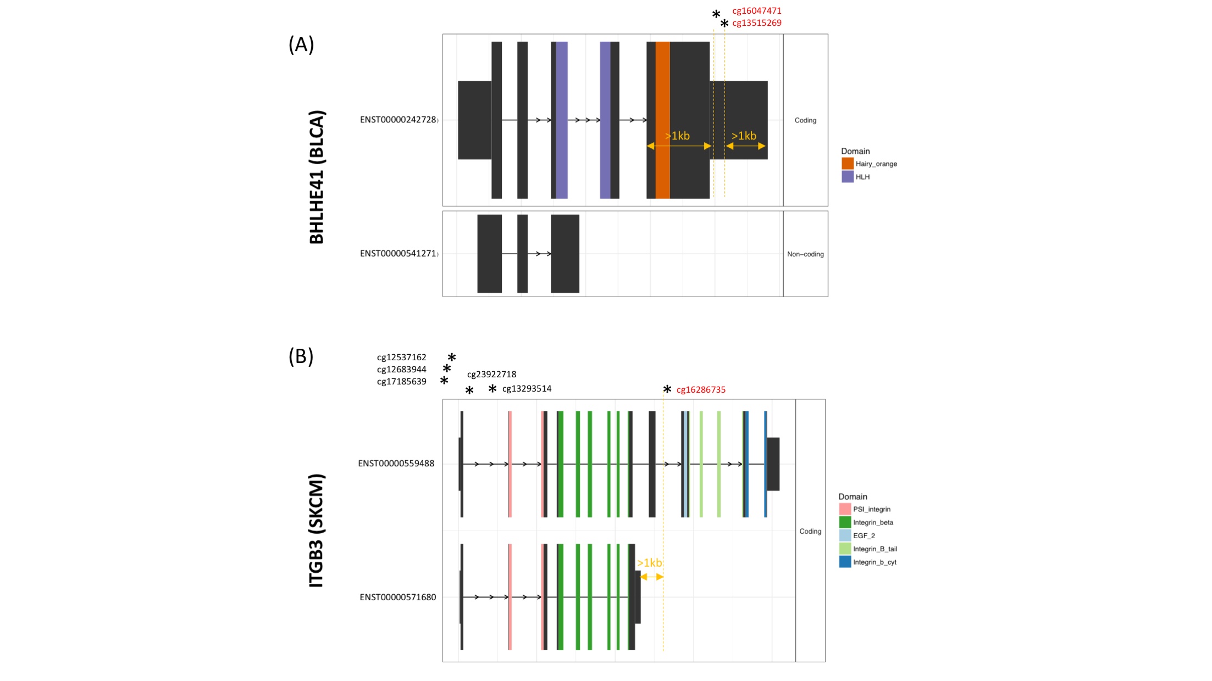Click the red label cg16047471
click(x=756, y=11)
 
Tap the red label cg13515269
click(x=756, y=23)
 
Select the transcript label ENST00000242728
click(x=398, y=120)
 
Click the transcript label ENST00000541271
click(x=398, y=254)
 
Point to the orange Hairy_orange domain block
click(x=662, y=120)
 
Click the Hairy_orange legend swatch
click(x=848, y=164)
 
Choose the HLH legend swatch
click(x=848, y=177)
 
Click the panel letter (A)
click(x=301, y=44)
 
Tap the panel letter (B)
click(x=301, y=356)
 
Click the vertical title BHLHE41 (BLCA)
click(x=317, y=177)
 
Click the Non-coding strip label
click(x=805, y=254)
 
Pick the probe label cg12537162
click(x=401, y=358)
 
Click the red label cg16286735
click(x=701, y=390)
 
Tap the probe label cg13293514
click(x=527, y=389)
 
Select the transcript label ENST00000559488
click(x=396, y=464)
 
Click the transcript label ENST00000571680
click(x=397, y=598)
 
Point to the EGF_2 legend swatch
click(x=845, y=535)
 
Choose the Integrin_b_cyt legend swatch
click(x=845, y=562)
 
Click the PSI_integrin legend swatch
click(x=845, y=509)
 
